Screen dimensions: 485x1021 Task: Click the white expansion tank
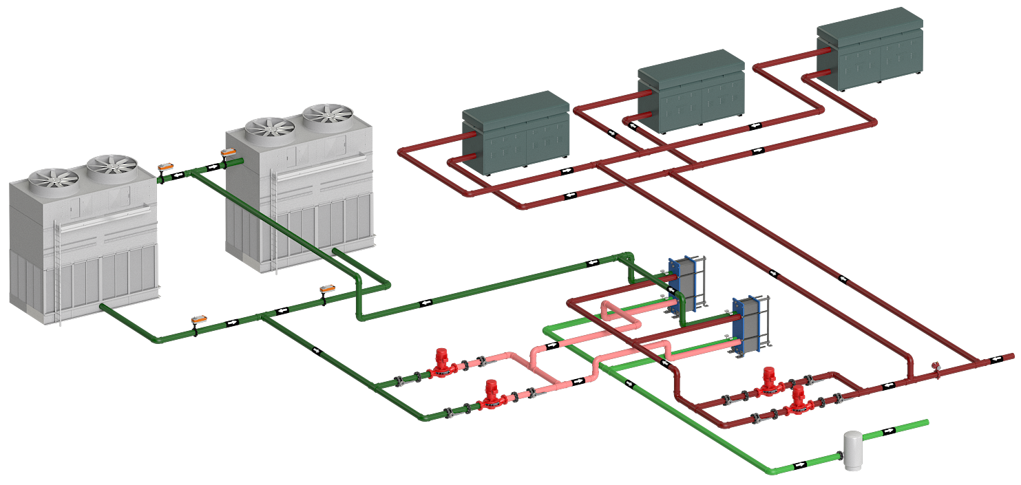852,451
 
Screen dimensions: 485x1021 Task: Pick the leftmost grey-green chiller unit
515,132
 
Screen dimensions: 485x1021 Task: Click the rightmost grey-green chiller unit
869,50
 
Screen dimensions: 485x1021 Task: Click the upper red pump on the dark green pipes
441,364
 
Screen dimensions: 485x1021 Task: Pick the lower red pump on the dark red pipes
797,402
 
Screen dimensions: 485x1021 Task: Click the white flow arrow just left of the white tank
799,465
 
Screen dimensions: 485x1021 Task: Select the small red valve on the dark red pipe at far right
935,366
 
